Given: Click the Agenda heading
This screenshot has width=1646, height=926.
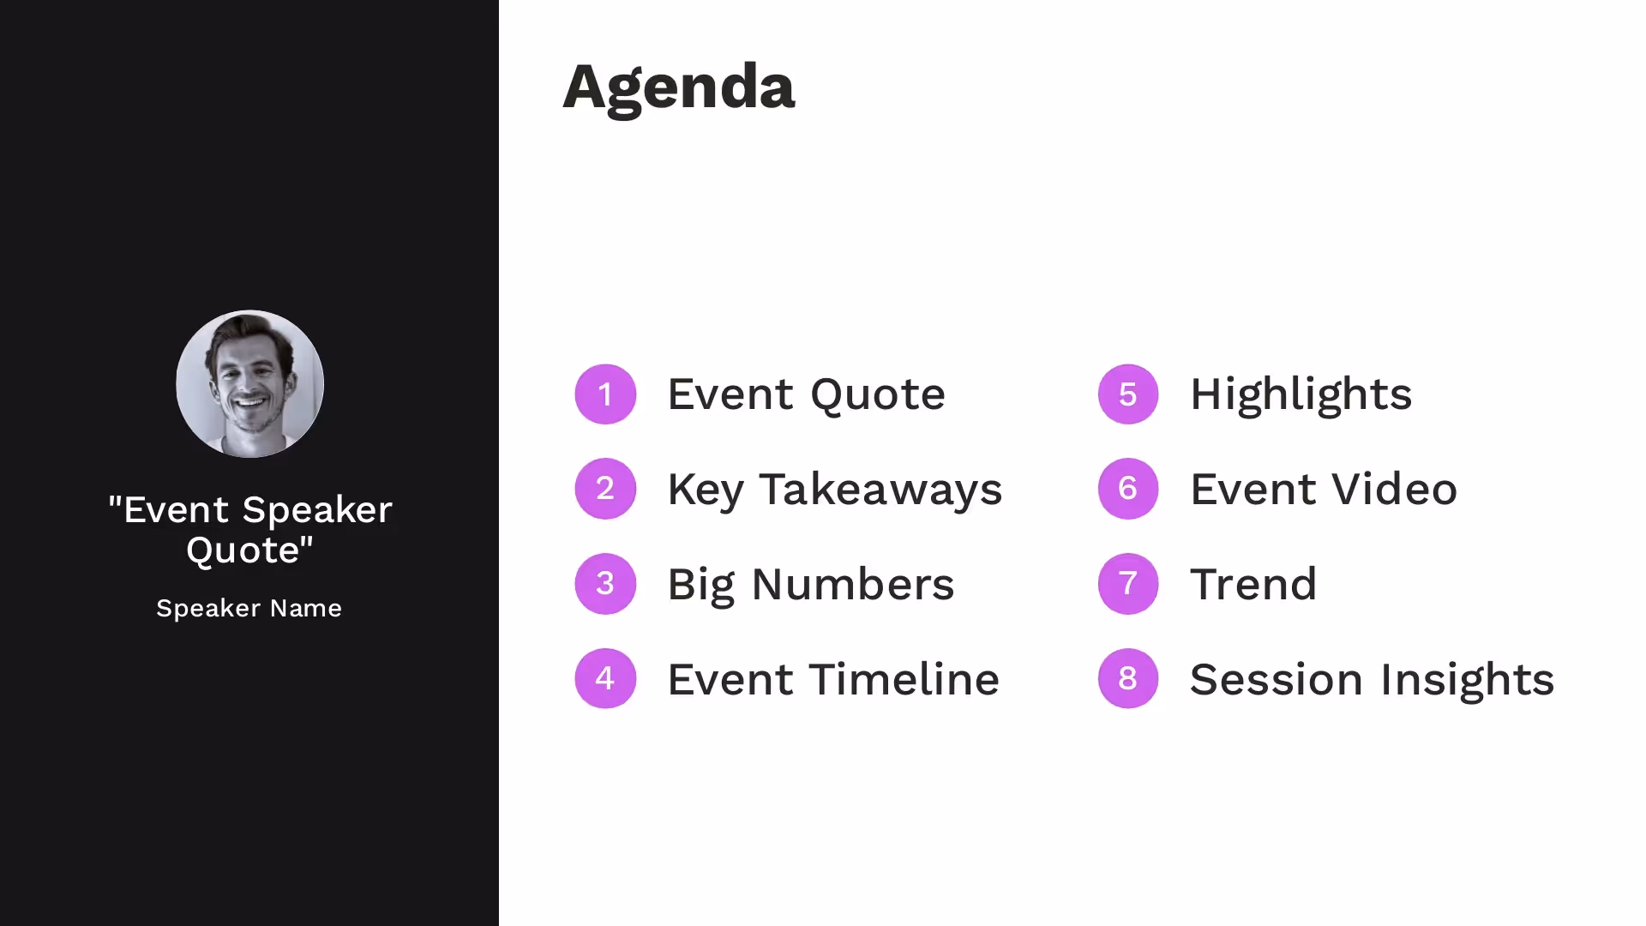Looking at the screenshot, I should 678,87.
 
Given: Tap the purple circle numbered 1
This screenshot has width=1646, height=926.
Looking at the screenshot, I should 605,394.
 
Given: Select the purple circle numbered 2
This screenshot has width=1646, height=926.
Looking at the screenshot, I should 605,489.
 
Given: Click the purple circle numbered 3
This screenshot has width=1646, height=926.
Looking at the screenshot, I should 605,584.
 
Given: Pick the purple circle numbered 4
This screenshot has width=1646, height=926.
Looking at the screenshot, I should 605,678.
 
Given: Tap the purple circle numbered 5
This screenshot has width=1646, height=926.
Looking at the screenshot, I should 1128,394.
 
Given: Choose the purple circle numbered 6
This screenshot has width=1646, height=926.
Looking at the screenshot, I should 1128,489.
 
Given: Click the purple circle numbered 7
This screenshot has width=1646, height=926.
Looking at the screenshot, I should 1128,584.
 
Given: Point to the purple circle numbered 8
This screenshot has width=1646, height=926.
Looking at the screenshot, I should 1128,678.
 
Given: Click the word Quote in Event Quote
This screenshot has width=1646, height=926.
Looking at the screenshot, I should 877,395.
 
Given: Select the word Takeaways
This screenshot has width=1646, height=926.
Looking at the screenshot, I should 880,490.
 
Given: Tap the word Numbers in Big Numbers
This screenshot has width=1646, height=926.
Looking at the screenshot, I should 852,585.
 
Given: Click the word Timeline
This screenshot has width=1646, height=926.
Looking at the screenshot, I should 904,679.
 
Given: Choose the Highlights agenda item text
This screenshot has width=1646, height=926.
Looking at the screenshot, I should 1301,395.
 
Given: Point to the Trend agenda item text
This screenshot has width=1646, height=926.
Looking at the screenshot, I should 1253,585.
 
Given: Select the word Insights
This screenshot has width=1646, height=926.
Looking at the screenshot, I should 1467,680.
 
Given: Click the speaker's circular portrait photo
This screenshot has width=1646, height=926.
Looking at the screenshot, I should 249,384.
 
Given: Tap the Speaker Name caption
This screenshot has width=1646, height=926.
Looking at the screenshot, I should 249,608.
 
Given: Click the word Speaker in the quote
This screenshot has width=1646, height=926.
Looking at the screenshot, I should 317,510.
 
